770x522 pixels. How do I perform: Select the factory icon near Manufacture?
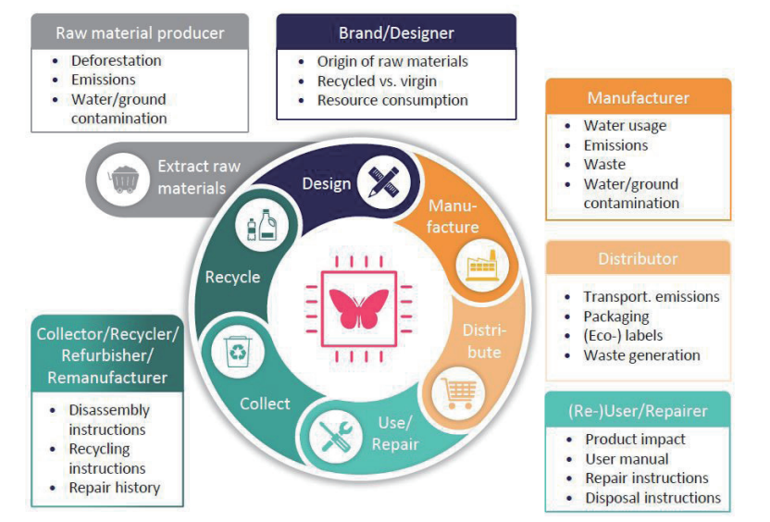[480, 265]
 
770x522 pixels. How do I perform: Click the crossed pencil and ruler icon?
[381, 180]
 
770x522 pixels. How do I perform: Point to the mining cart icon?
[120, 177]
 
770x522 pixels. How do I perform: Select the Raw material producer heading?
[140, 33]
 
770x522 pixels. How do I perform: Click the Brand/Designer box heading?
[396, 33]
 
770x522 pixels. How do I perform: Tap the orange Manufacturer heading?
[638, 97]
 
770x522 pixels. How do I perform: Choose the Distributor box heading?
[638, 258]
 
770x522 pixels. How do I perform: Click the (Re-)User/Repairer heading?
[638, 411]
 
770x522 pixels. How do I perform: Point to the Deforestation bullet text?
[116, 60]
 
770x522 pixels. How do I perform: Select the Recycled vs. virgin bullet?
[377, 81]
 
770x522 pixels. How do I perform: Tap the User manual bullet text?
[627, 458]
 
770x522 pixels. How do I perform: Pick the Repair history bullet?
[114, 487]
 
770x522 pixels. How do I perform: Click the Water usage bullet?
[625, 126]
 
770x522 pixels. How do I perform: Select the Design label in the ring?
[327, 183]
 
